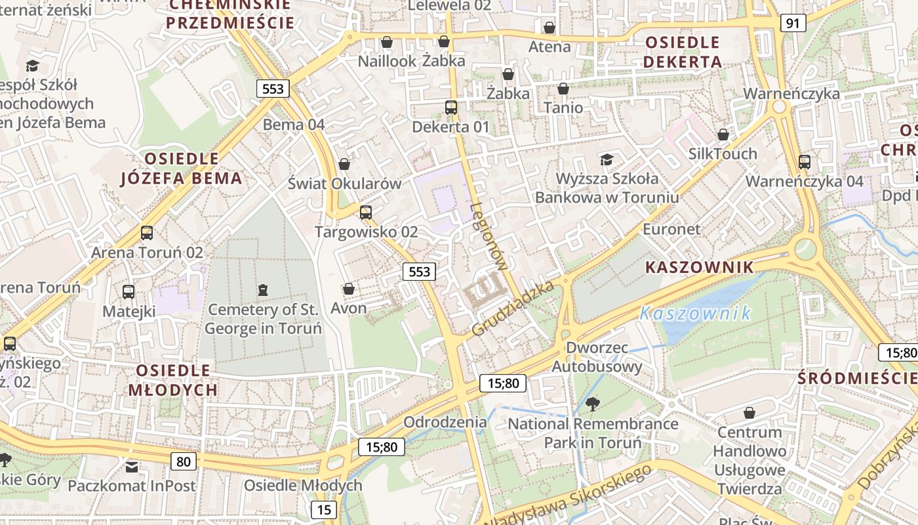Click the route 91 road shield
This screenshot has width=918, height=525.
tap(793, 23)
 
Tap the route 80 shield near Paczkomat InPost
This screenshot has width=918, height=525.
tap(184, 461)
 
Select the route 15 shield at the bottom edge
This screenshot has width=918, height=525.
tap(323, 510)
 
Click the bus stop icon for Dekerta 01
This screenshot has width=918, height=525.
tap(451, 108)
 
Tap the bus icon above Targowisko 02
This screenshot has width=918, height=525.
tap(366, 213)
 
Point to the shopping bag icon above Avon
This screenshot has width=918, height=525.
tap(348, 289)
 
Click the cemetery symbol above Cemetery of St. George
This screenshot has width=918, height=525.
tap(263, 289)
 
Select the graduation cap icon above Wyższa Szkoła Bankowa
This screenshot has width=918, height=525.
tap(607, 159)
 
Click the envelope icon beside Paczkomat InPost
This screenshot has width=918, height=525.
tap(132, 467)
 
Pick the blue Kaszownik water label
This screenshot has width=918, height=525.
tap(695, 313)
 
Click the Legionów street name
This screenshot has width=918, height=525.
tap(489, 236)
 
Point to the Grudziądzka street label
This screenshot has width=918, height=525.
tap(513, 308)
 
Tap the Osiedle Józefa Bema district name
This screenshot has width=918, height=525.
tap(182, 169)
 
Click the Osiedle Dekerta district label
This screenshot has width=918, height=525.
tap(683, 52)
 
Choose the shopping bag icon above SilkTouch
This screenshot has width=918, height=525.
tap(723, 135)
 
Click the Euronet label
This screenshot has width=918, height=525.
tap(671, 229)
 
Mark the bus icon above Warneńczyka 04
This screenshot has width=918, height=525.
tap(805, 162)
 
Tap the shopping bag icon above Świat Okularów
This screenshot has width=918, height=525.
tap(344, 164)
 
